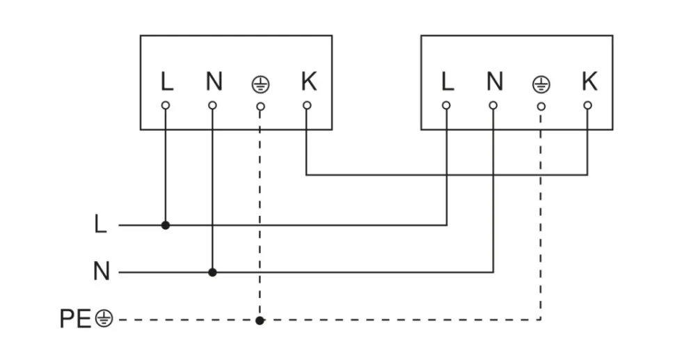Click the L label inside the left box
pyautogui.click(x=166, y=82)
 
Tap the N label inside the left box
pyautogui.click(x=214, y=82)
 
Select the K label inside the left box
pyautogui.click(x=308, y=82)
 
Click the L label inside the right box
pyautogui.click(x=447, y=82)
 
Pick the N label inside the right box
pyautogui.click(x=495, y=82)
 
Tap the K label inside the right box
pyautogui.click(x=589, y=82)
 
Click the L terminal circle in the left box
pyautogui.click(x=166, y=106)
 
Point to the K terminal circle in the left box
pyautogui.click(x=307, y=106)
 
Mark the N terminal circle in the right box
pyautogui.click(x=493, y=106)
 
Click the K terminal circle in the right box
pyautogui.click(x=588, y=106)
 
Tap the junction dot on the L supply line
pyautogui.click(x=166, y=225)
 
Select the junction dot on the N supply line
pyautogui.click(x=213, y=272)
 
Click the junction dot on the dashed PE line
pyautogui.click(x=260, y=320)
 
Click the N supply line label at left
pyautogui.click(x=102, y=272)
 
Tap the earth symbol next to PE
pyautogui.click(x=103, y=320)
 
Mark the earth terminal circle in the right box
pyautogui.click(x=541, y=107)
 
